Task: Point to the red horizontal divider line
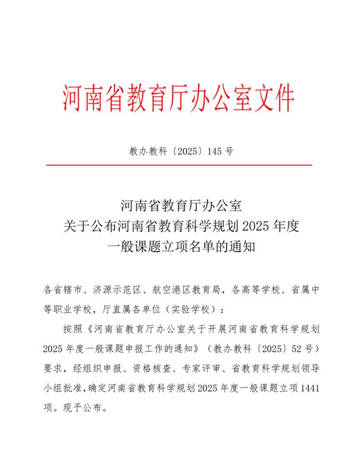click(179, 165)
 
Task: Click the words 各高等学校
click(251, 290)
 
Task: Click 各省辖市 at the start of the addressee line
click(61, 290)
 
